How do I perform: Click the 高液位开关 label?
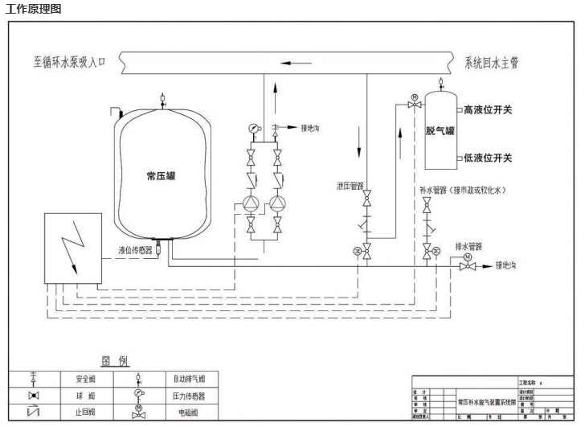coord(488,109)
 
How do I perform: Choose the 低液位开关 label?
coord(488,157)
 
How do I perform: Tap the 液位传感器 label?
coord(135,250)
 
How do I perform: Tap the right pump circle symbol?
coord(279,203)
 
